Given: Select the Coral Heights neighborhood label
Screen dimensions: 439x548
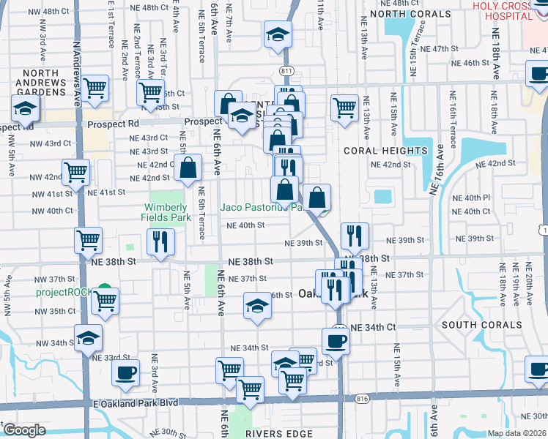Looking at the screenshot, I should tap(385, 151).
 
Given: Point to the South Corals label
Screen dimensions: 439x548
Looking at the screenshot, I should tap(481, 324).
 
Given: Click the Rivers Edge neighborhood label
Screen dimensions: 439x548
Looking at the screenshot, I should tap(283, 433).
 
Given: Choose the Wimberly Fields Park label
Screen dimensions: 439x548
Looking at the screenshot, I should tap(166, 212).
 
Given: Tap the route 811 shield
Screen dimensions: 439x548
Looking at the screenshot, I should tap(286, 70).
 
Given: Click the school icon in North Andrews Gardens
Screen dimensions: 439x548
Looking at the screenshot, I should tap(25, 110).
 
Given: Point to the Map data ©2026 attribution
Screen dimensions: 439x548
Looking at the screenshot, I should tap(516, 433).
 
